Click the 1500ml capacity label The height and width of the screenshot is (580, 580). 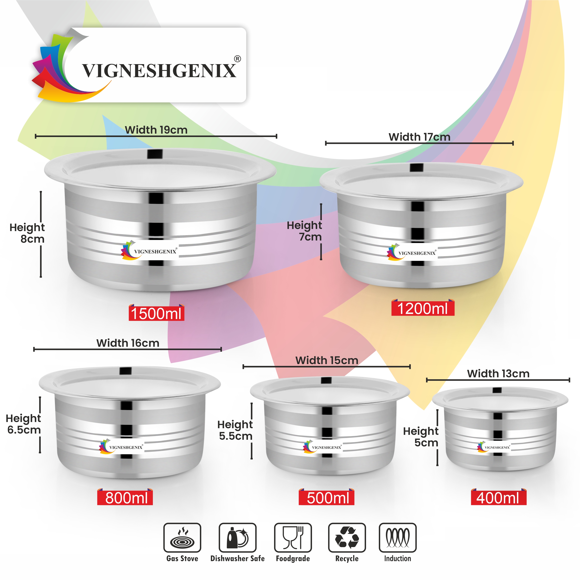tap(156, 314)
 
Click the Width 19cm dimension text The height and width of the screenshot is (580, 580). tap(156, 130)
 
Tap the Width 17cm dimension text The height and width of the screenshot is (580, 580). tap(419, 137)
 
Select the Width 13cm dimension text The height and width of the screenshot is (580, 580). tap(498, 374)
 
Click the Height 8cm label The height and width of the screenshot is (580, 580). tap(27, 233)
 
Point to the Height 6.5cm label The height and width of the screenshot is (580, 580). tap(24, 424)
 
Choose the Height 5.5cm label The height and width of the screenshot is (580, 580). tap(235, 430)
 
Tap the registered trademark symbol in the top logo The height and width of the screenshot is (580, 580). tap(237, 59)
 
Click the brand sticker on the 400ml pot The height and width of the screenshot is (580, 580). tap(494, 447)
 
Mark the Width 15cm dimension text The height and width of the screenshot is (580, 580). tap(327, 360)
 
